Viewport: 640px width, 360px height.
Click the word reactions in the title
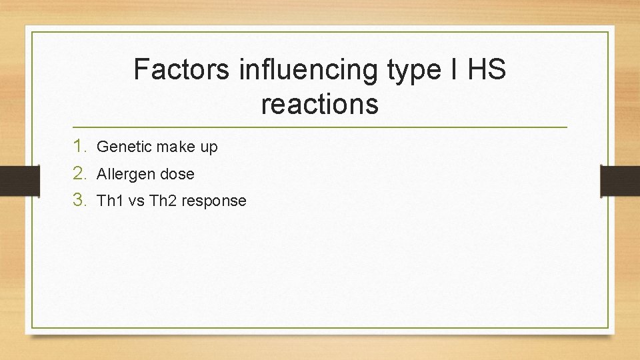click(x=320, y=104)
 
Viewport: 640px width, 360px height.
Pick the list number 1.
click(x=80, y=147)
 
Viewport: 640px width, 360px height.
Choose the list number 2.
click(x=80, y=174)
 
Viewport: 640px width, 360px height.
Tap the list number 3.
click(x=80, y=201)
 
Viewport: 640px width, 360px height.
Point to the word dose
click(x=177, y=175)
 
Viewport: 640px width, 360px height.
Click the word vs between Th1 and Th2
click(x=135, y=201)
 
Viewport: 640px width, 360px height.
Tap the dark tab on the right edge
click(x=620, y=180)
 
